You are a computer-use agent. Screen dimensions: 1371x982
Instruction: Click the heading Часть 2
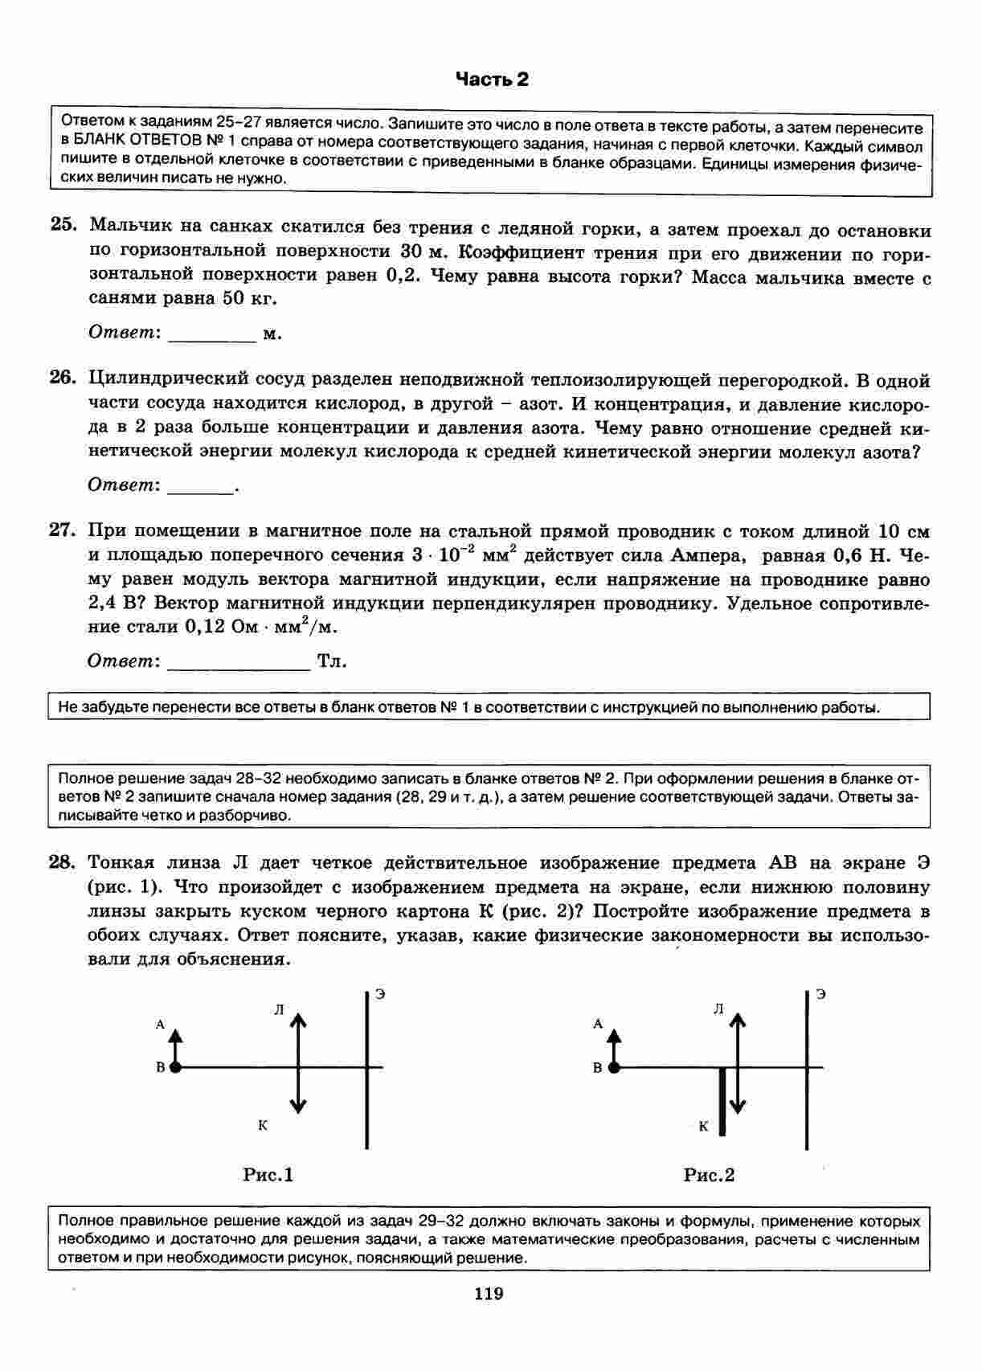click(492, 79)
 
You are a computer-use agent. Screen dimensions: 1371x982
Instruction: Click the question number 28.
click(63, 862)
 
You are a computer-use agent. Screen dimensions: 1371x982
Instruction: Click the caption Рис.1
click(268, 1175)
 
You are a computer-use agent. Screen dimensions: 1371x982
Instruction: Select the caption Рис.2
click(709, 1175)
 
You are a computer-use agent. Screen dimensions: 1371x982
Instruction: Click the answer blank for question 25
click(211, 336)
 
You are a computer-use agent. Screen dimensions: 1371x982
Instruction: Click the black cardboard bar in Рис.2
click(722, 1101)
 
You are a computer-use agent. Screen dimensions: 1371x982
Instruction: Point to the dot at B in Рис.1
click(175, 1067)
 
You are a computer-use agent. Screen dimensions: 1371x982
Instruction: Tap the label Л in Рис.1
click(279, 1010)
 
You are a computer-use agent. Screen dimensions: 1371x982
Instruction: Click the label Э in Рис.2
click(820, 994)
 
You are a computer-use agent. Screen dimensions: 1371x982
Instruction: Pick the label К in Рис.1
click(263, 1125)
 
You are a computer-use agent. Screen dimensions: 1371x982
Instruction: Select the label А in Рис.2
click(597, 1024)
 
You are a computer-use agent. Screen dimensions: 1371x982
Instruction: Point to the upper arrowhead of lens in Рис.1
click(298, 1018)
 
